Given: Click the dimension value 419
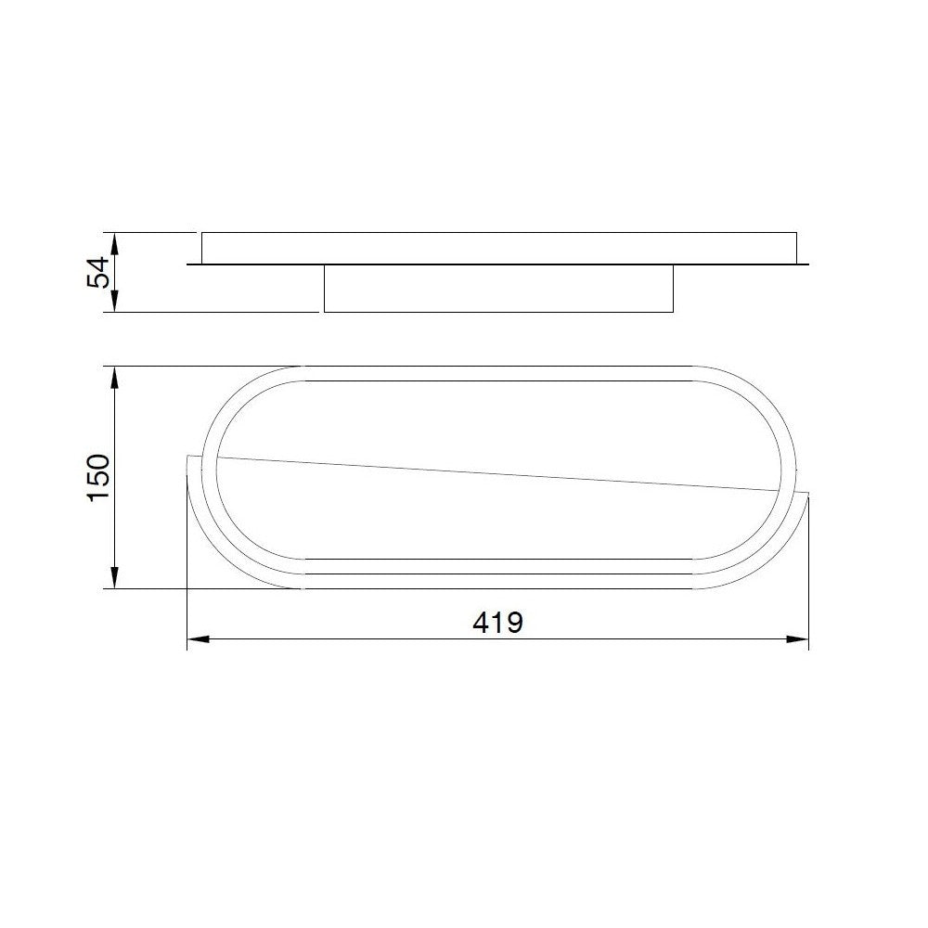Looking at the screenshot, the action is (x=497, y=623).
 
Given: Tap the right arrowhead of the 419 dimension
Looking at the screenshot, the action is (x=797, y=639).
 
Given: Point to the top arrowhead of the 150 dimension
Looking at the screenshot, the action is (x=115, y=377).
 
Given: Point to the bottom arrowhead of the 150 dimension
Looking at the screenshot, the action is (x=115, y=578).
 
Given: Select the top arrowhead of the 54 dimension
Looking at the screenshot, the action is (x=115, y=243).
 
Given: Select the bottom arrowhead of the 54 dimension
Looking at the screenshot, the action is (x=115, y=302).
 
